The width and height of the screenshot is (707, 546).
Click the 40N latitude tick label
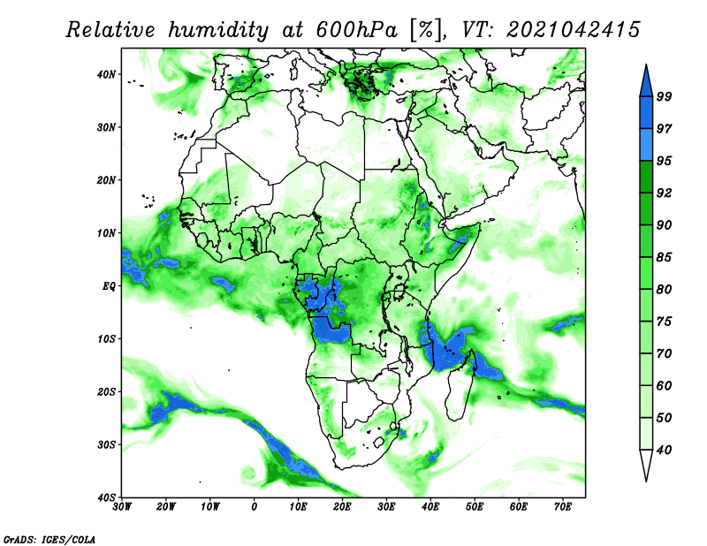tap(105, 74)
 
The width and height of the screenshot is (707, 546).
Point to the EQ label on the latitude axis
tap(109, 286)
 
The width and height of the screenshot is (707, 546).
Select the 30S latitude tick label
tap(105, 444)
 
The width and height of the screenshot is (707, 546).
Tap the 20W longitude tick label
tap(165, 507)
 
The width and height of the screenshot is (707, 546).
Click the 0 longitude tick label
tap(254, 507)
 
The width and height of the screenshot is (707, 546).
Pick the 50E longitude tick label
tap(475, 507)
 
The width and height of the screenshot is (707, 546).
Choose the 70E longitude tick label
tap(563, 507)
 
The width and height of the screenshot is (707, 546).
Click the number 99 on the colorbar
tap(664, 96)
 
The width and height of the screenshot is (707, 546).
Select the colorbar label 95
tap(664, 161)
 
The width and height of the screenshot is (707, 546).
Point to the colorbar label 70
tap(664, 353)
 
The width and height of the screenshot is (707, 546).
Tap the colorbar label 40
tap(664, 450)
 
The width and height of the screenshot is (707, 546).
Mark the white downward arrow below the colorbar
tap(646, 466)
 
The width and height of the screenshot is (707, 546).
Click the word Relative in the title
tap(110, 30)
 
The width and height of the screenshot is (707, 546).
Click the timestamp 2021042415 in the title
tap(573, 30)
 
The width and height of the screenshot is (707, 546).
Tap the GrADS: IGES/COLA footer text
tap(49, 540)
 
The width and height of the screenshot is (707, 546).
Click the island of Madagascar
tap(460, 388)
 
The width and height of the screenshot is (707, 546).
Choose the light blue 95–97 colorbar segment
tap(646, 145)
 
